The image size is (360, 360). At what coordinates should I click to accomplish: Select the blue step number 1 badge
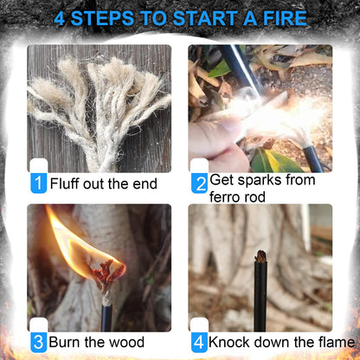[x=38, y=183]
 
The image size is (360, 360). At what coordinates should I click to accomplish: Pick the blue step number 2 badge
[x=199, y=183]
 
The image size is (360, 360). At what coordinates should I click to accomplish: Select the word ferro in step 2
[x=227, y=196]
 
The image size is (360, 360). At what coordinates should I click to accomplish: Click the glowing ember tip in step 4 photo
[x=260, y=257]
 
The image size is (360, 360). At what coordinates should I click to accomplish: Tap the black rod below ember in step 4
[x=260, y=294]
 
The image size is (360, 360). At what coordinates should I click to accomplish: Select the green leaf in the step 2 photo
[x=269, y=159]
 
